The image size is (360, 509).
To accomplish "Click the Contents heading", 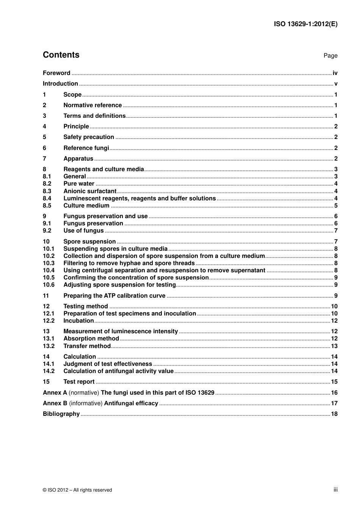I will pos(61,55).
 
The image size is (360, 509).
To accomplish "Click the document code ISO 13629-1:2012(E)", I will pos(305,24).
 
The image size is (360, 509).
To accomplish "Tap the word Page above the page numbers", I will pos(330,56).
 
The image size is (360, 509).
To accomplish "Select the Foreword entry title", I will pos(56,73).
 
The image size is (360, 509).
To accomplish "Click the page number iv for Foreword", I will pos(335,73).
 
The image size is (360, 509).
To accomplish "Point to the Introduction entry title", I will pos(60,84).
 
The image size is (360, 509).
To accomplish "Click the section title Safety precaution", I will pos(89,137).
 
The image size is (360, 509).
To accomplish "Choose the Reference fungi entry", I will pos(86,148).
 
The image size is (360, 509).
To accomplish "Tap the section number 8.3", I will pos(47,191).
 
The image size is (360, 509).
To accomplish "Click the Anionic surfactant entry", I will pos(90,191).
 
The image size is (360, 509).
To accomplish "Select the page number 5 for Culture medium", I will pos(336,206).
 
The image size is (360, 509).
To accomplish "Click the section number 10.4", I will pos(49,270).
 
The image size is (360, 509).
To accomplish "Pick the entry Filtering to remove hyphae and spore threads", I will pos(129,263).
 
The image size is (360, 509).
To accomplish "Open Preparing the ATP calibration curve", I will pos(114,296).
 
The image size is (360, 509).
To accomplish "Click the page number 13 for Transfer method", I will pos(334,346).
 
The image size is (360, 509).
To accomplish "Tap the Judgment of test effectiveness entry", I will pos(108,364).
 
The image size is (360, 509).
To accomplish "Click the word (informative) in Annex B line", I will pos(86,403).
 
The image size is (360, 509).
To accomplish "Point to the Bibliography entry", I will pos(61,414).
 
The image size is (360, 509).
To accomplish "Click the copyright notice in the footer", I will pos(77,490).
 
